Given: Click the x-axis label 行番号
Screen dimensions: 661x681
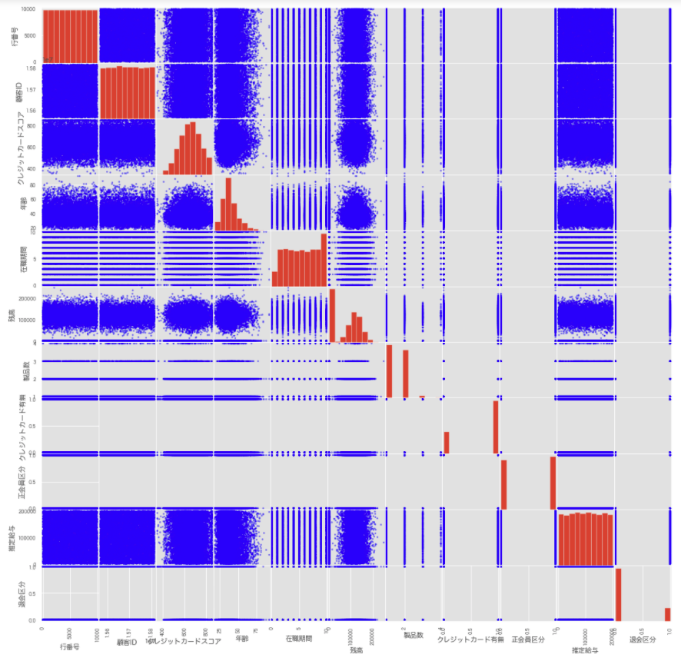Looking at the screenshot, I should [x=69, y=647].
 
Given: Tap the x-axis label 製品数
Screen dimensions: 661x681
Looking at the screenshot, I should [x=414, y=635].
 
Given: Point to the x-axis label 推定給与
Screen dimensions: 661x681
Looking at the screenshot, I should [x=586, y=650].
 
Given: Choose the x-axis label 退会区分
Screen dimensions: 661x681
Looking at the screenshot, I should [x=643, y=639].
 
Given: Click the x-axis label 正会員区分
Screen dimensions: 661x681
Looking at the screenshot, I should [x=528, y=639].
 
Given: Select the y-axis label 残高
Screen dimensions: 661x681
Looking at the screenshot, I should [x=12, y=314].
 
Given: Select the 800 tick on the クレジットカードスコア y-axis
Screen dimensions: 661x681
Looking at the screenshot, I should [x=32, y=125].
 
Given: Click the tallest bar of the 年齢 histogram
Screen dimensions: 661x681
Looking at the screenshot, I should [x=228, y=204].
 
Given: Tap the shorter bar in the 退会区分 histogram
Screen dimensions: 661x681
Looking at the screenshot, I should [x=667, y=614].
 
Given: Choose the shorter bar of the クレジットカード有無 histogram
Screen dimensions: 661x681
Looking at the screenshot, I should [x=446, y=442].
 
